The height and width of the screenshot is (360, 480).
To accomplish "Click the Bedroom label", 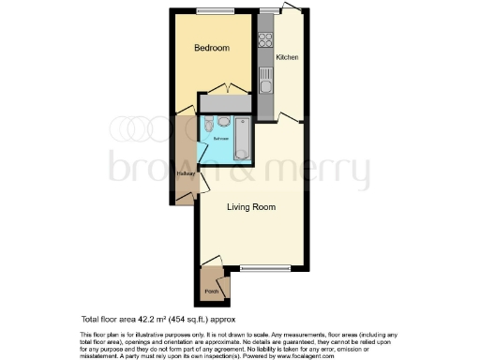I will [x=212, y=48].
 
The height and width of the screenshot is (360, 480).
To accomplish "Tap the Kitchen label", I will [x=287, y=58].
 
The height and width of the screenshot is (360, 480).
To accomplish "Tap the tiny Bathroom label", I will [x=220, y=139].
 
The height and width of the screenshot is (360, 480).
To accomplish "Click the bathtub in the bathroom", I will [x=242, y=142].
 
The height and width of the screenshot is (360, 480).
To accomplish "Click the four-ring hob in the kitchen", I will [x=265, y=41].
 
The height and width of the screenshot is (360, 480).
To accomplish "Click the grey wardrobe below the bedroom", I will [x=223, y=102].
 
